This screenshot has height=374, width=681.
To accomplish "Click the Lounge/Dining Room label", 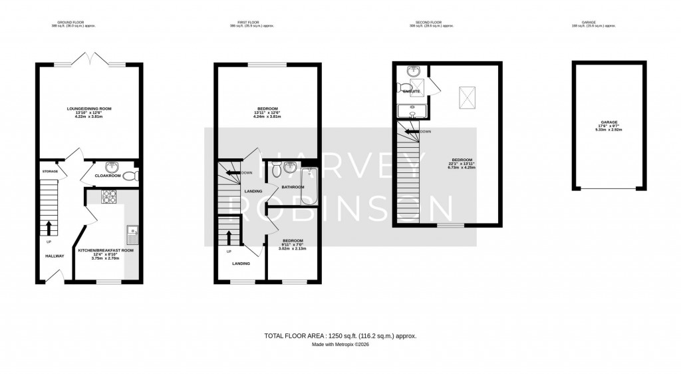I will point(88,108).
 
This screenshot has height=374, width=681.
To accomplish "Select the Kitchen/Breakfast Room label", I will point(106,250).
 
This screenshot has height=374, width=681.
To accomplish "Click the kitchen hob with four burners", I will point(109,196).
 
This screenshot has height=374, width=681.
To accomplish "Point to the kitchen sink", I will point(131,234).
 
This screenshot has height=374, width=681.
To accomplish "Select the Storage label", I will point(50,172).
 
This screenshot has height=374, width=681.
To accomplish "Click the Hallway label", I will point(54,256).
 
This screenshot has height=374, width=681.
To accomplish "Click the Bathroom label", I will point(293,187).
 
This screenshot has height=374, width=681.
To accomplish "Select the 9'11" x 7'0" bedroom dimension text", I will point(293,245).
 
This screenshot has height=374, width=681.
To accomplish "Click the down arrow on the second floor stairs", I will point(412,132).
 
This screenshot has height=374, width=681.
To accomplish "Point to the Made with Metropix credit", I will point(340,345).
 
